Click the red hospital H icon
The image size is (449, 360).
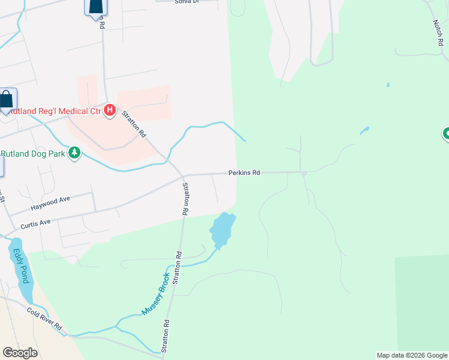110,110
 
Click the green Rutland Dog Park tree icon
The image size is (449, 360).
74,154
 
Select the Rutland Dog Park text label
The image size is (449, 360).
32,154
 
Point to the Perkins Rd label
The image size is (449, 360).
244,173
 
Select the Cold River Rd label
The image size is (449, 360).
44,319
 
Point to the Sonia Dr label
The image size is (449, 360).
186,2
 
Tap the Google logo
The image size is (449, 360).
20,353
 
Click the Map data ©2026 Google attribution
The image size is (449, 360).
412,355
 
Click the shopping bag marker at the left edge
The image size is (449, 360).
7,100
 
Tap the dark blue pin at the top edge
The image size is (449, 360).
95,7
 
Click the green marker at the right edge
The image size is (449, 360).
446,133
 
